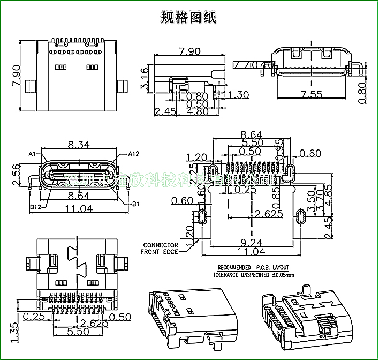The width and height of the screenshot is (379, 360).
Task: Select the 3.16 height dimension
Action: pos(145,78)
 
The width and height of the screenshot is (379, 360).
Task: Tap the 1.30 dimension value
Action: pos(238,95)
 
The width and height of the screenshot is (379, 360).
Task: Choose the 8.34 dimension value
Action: pos(79,145)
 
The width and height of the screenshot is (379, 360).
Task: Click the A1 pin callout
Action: pos(32,154)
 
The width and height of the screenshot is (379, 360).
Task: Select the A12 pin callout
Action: pos(133,154)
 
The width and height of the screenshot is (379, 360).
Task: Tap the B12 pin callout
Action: pos(35,206)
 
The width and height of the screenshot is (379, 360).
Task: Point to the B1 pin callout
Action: pos(135,204)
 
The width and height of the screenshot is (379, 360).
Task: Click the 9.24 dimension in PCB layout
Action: pos(252,242)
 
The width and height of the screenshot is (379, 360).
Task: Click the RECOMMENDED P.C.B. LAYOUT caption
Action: pos(253,267)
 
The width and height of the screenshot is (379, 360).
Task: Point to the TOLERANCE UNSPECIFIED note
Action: pos(254,275)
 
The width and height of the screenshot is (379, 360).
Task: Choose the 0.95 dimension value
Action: pos(279,148)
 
